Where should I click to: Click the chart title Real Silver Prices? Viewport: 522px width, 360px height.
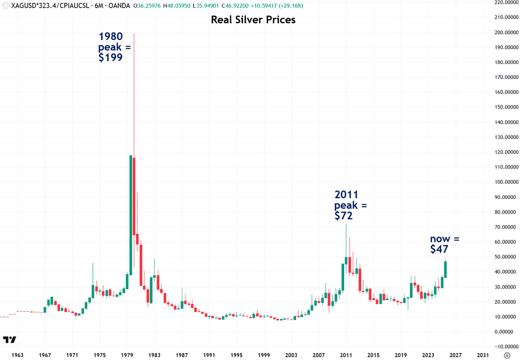tap(253, 20)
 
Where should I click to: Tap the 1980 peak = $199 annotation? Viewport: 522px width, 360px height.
tap(114, 47)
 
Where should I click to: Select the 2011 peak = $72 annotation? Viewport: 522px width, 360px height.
tap(350, 205)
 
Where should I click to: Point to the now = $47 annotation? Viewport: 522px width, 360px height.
tap(445, 244)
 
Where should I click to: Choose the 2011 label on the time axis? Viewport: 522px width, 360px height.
tap(346, 355)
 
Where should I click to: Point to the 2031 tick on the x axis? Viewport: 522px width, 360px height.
tap(483, 355)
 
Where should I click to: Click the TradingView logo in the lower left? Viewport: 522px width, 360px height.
tap(9, 340)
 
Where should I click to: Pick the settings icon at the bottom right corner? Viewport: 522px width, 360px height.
tap(507, 355)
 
